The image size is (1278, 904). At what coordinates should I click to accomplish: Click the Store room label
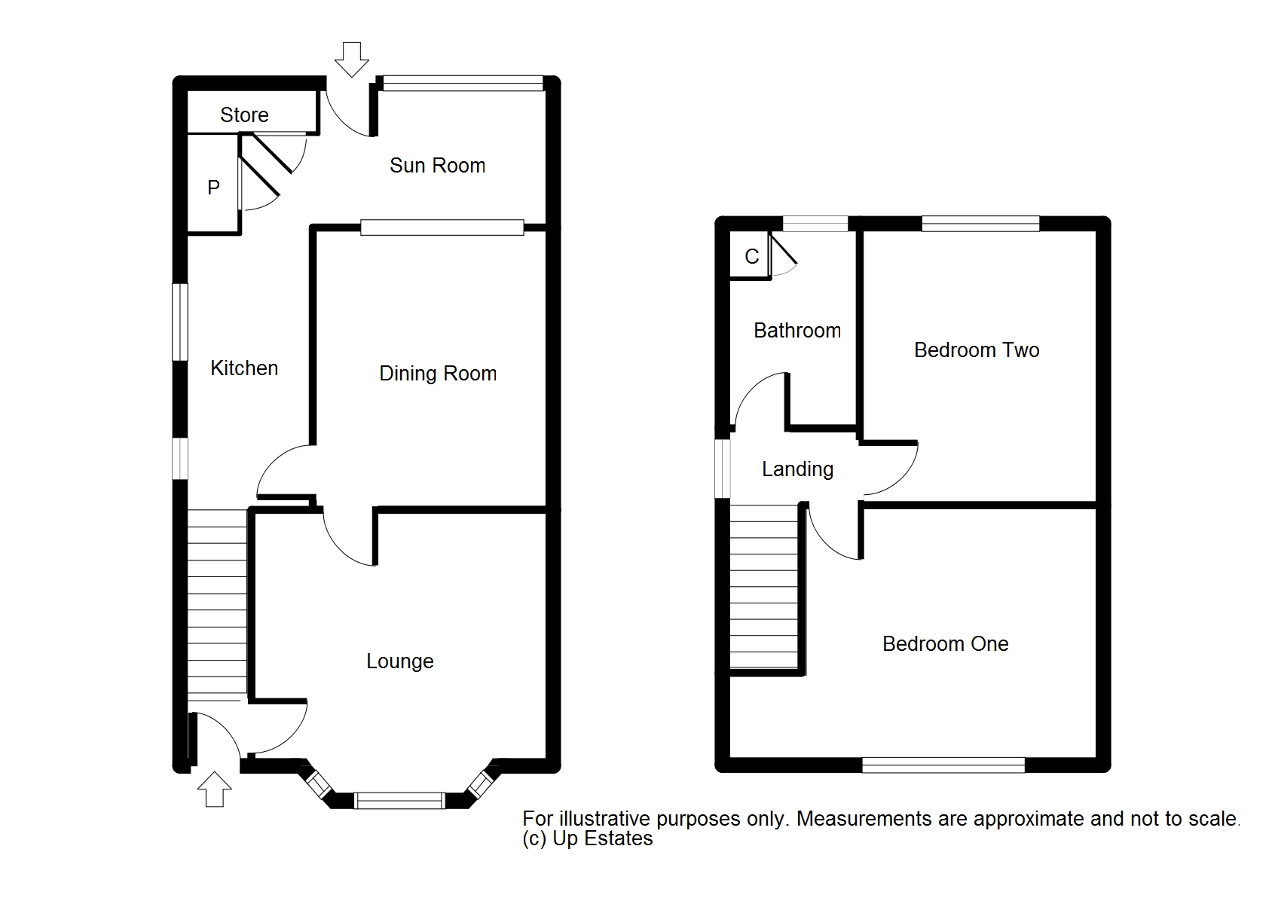pos(244,115)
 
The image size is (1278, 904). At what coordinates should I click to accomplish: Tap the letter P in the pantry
pos(213,187)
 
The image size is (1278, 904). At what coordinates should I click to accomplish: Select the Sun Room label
pos(438,166)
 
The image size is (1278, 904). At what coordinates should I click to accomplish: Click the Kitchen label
pos(244,368)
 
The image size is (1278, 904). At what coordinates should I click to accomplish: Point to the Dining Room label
pos(438,374)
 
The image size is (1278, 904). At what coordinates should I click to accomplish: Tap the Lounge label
pos(400,661)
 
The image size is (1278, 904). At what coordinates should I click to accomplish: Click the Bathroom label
pos(797,330)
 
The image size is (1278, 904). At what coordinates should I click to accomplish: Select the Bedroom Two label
pos(976,350)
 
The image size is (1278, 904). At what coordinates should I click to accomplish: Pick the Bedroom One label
pos(946,643)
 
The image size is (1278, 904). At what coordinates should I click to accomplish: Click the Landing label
pos(797,469)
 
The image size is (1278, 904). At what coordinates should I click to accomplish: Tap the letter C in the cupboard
pos(752,257)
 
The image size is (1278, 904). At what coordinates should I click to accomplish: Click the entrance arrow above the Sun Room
pos(351,60)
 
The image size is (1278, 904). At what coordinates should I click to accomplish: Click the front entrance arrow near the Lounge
pos(215,789)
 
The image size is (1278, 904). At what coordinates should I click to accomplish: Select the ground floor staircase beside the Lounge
pos(217,605)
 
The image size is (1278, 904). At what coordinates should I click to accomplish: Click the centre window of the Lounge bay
pos(399,800)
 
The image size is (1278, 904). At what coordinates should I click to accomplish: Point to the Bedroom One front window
pos(943,765)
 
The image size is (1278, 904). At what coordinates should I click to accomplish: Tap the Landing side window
pos(723,469)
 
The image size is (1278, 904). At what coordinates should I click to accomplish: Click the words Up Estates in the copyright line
pos(603,838)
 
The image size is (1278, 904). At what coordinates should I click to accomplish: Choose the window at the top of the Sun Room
pos(463,84)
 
